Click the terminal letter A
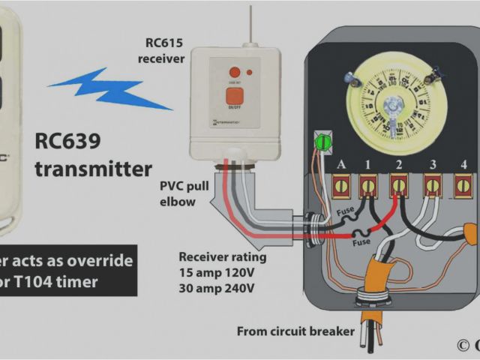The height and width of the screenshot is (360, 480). point(341,164)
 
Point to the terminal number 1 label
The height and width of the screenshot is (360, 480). point(367,164)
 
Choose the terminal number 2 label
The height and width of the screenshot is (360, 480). point(399,164)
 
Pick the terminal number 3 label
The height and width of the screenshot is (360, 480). point(433,164)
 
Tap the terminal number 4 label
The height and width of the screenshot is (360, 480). point(463,164)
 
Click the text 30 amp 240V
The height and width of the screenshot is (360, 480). point(216,288)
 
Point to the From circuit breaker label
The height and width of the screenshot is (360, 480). point(295,331)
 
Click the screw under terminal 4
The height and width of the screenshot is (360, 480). point(463,184)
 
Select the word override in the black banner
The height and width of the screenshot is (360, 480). point(97,261)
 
